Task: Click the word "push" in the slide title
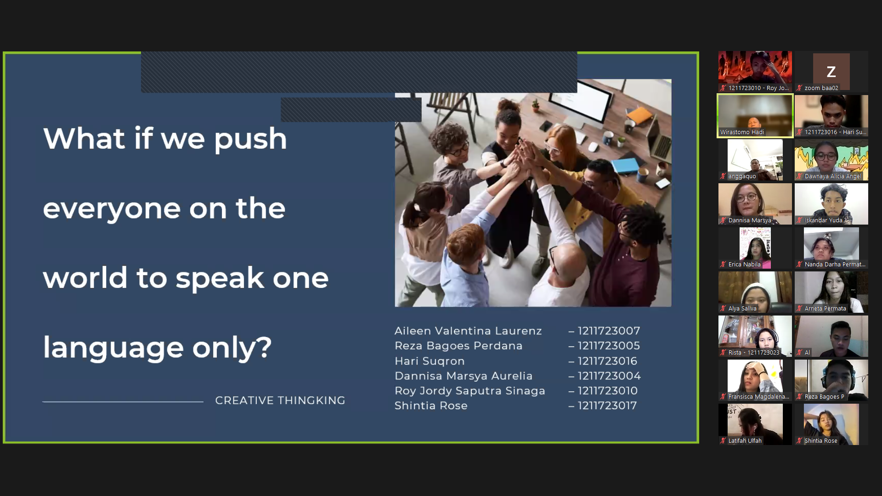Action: (250, 139)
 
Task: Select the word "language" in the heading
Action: (113, 348)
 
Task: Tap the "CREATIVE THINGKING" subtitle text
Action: (280, 400)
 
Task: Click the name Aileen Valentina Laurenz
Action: (468, 331)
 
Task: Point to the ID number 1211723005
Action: (609, 345)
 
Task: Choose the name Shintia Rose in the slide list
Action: (431, 406)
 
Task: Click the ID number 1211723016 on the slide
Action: (607, 361)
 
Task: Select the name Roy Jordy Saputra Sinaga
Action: (470, 391)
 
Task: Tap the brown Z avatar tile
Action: (831, 72)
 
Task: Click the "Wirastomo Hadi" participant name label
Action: (742, 132)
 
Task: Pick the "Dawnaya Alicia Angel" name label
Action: (833, 176)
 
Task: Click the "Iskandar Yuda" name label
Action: (823, 220)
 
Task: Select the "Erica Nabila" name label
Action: (744, 265)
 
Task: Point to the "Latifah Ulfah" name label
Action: (745, 441)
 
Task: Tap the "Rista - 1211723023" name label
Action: (754, 353)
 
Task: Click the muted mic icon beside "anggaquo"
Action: (723, 176)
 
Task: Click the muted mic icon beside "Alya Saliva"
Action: (723, 309)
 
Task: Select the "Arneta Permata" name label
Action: (825, 309)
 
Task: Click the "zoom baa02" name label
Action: (821, 88)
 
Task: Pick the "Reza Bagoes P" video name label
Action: (824, 397)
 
